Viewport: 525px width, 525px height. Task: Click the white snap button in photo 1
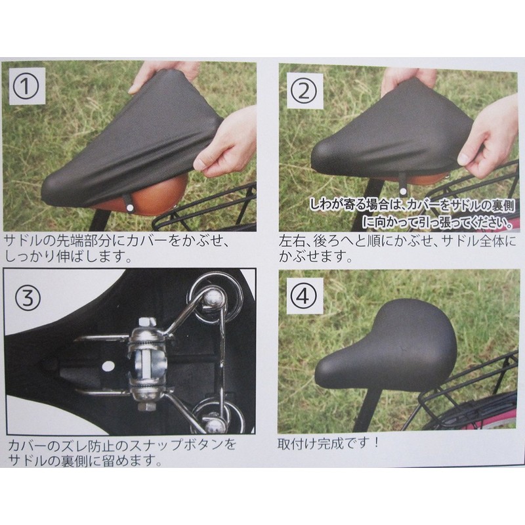point(131,208)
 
